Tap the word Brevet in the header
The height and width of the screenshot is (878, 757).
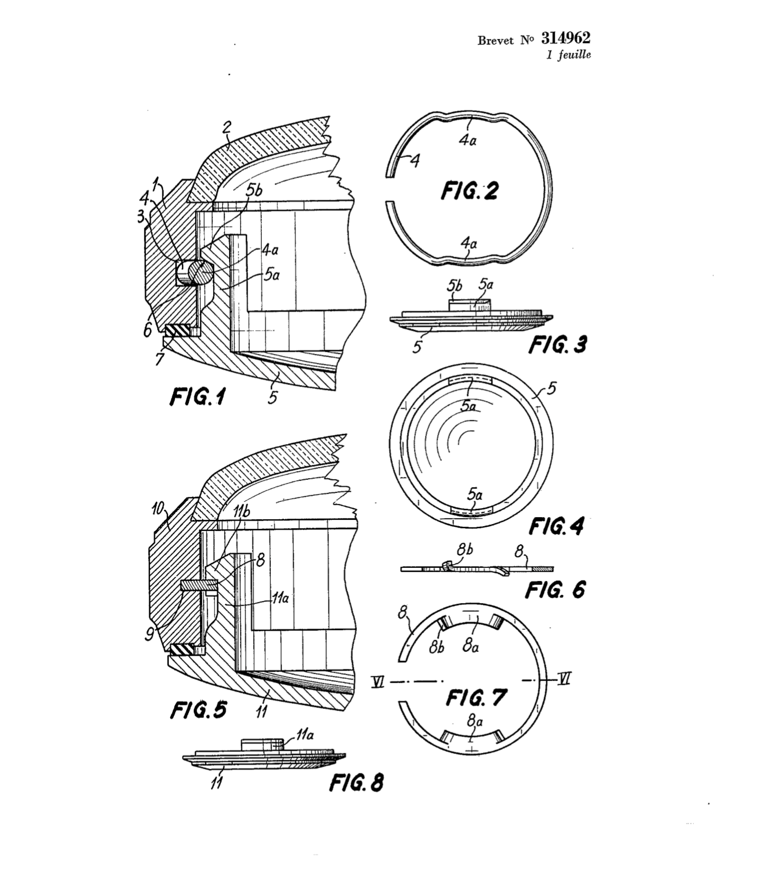pyautogui.click(x=495, y=41)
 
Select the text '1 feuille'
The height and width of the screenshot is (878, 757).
pyautogui.click(x=569, y=54)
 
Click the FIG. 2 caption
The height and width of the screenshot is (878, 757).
pyautogui.click(x=469, y=190)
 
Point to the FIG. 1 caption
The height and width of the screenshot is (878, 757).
pyautogui.click(x=197, y=396)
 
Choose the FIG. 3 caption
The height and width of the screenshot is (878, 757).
pyautogui.click(x=557, y=344)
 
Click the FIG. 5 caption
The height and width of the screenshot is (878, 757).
pyautogui.click(x=198, y=709)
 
